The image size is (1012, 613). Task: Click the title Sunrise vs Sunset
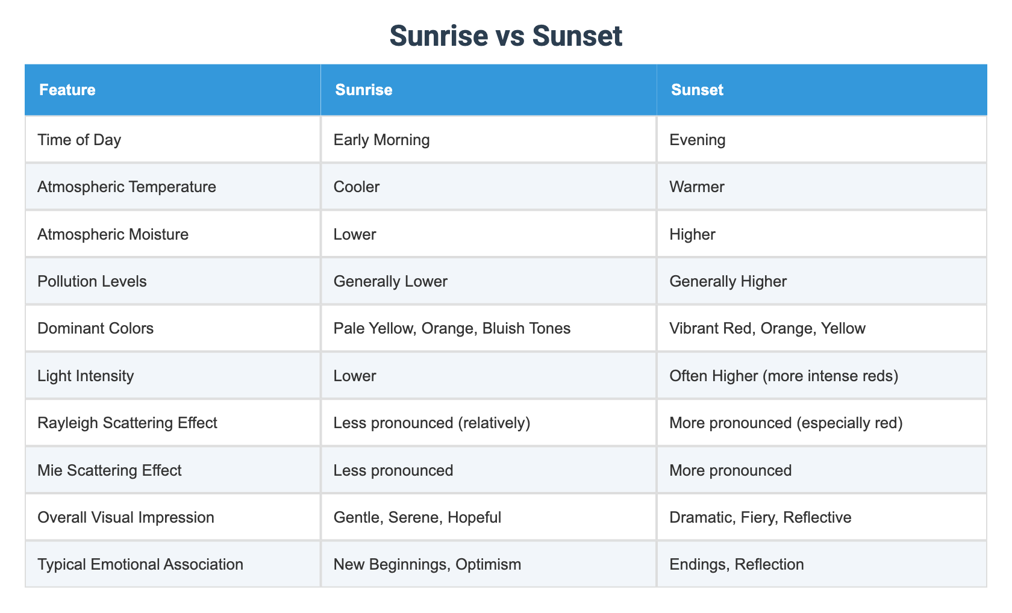tap(505, 36)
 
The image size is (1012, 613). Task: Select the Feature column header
tap(67, 90)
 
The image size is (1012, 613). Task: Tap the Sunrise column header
tap(364, 90)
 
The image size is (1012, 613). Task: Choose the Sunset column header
tap(697, 90)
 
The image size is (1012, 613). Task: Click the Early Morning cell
tap(381, 140)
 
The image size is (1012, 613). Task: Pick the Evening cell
tap(697, 140)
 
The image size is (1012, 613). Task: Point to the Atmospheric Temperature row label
tap(126, 187)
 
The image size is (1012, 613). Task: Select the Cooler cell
tap(357, 187)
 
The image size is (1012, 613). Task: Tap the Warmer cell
tap(696, 187)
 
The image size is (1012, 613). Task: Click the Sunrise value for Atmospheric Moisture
tap(355, 234)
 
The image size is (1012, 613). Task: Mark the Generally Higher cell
tap(728, 281)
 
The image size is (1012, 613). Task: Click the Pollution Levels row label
tap(92, 281)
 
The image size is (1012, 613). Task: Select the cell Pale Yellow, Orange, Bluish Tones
tap(452, 328)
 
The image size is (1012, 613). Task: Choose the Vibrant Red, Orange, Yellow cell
tap(767, 328)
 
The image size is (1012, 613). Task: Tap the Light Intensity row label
tap(86, 376)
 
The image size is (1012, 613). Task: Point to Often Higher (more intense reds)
tap(784, 376)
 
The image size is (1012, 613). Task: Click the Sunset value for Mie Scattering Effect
tap(730, 470)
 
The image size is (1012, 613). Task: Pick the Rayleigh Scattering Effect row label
tap(127, 423)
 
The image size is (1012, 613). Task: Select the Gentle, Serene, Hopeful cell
tap(417, 517)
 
